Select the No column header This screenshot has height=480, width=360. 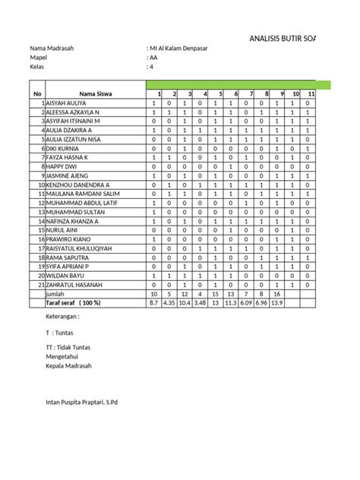click(x=36, y=94)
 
